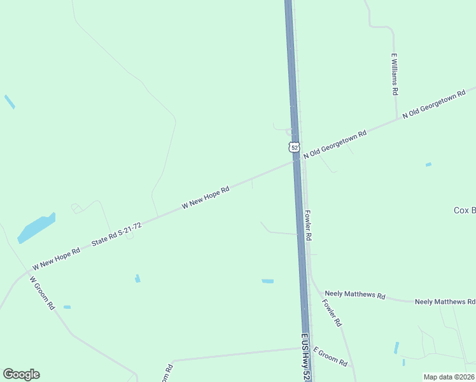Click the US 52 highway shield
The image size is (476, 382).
point(293,147)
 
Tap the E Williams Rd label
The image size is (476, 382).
point(395,74)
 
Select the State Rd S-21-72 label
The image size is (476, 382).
point(116,234)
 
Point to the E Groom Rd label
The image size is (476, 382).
point(330,358)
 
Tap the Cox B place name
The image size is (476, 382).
point(464,210)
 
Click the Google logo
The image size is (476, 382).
point(21,374)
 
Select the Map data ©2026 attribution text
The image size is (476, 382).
point(449,377)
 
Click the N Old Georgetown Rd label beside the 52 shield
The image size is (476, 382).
point(335,145)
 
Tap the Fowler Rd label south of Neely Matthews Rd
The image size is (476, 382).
point(332,313)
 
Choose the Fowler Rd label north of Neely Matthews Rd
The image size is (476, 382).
point(308,225)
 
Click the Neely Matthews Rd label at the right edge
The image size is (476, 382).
point(445,301)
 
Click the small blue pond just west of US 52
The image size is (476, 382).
point(267,281)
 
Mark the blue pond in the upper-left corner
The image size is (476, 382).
point(10,101)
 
